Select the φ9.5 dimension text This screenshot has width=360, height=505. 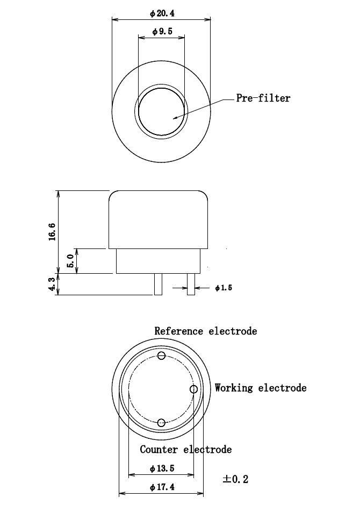pyautogui.click(x=162, y=32)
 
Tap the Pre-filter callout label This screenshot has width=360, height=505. pyautogui.click(x=263, y=98)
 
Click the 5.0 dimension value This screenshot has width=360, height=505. pyautogui.click(x=70, y=261)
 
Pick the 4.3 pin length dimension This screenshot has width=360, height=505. pyautogui.click(x=52, y=284)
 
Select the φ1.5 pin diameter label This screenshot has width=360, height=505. pyautogui.click(x=223, y=288)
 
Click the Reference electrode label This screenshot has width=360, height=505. pyautogui.click(x=205, y=331)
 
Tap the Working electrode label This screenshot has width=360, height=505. pyautogui.click(x=261, y=388)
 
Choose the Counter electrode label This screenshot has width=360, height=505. pyautogui.click(x=186, y=449)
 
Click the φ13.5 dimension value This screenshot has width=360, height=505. pyautogui.click(x=162, y=468)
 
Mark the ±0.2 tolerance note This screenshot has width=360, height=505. pyautogui.click(x=235, y=479)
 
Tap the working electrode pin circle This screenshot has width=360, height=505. pyautogui.click(x=194, y=389)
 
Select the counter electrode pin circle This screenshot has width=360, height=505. pyautogui.click(x=161, y=422)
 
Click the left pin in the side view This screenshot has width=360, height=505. pyautogui.click(x=157, y=284)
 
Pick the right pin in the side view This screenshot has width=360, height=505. pyautogui.click(x=191, y=284)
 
